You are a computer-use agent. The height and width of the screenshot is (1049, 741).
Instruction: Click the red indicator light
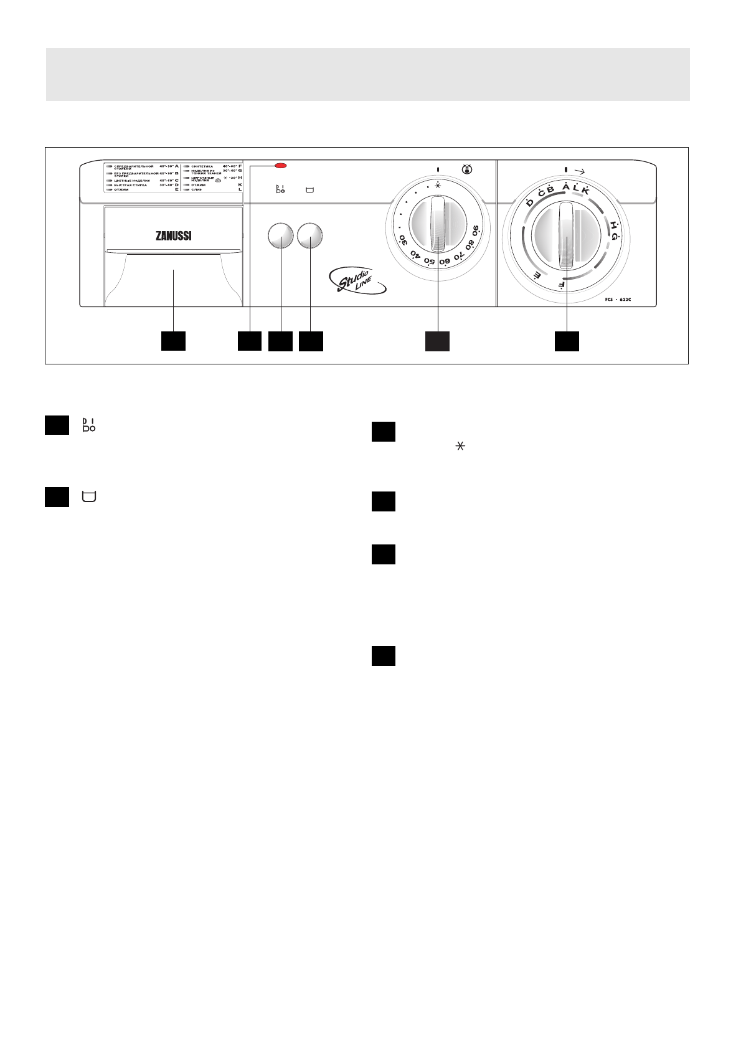point(281,166)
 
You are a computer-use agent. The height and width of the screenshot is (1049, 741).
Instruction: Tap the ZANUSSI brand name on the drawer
point(173,237)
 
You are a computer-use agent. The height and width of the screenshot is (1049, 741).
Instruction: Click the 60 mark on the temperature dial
point(444,262)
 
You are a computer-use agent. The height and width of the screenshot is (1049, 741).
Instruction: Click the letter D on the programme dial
point(529,202)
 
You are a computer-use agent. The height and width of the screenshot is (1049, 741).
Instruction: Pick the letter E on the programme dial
point(536,274)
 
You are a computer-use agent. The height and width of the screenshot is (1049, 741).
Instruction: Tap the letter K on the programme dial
point(585,191)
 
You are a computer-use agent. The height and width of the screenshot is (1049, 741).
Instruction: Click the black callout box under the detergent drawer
point(173,341)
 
